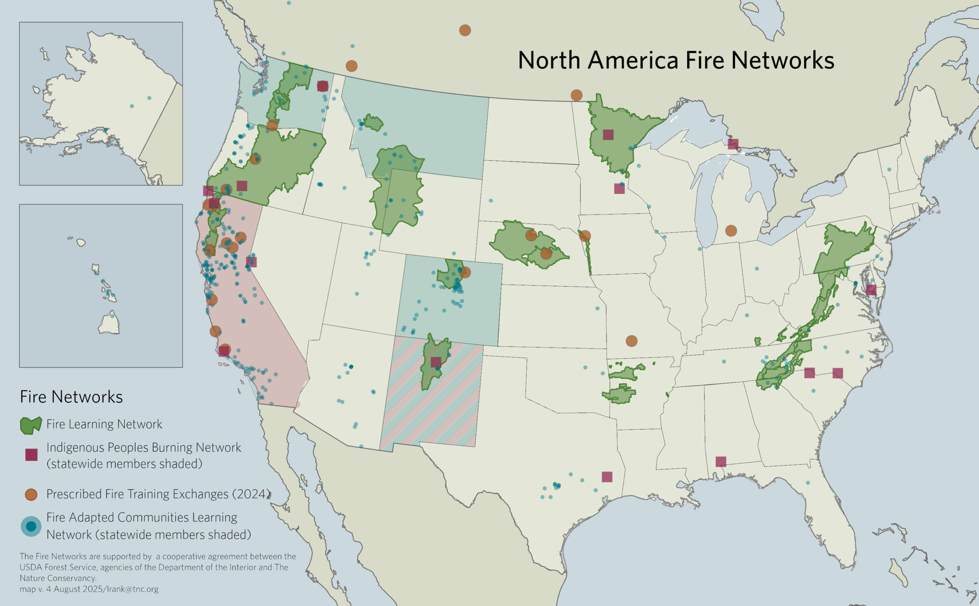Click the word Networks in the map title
(x=782, y=60)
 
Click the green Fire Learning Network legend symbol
(x=31, y=425)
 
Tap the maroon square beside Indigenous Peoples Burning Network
(x=31, y=455)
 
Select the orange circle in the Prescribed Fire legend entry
(x=31, y=494)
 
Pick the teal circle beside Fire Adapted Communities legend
(x=31, y=526)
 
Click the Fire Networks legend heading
(x=72, y=397)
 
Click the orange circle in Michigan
(x=731, y=231)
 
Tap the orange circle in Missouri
(x=631, y=341)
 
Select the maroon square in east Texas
(x=607, y=476)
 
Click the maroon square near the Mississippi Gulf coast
(x=721, y=462)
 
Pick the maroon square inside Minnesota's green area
(x=608, y=135)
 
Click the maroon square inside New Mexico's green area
(x=436, y=362)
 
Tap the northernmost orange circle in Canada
(x=465, y=30)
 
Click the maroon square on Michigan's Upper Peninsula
(x=733, y=144)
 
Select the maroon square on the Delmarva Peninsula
(x=871, y=290)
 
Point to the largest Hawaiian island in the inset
(x=109, y=324)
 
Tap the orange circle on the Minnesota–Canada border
(x=576, y=95)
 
